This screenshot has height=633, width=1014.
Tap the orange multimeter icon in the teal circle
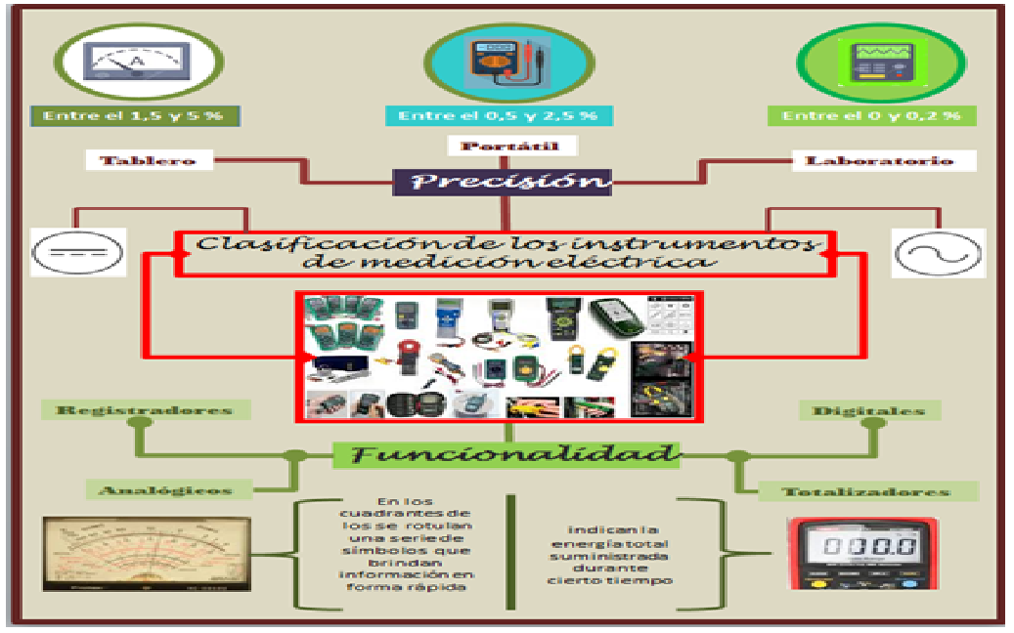503,61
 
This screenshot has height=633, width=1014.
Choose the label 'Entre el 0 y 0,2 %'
871,115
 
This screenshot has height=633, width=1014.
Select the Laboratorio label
877,160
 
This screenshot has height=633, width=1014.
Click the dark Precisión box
503,182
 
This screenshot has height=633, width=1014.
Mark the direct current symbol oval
78,253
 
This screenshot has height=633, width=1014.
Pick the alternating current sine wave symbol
938,253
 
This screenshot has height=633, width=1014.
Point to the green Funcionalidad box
506,453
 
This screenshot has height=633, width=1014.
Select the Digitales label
868,410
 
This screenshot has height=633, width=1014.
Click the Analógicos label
165,489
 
